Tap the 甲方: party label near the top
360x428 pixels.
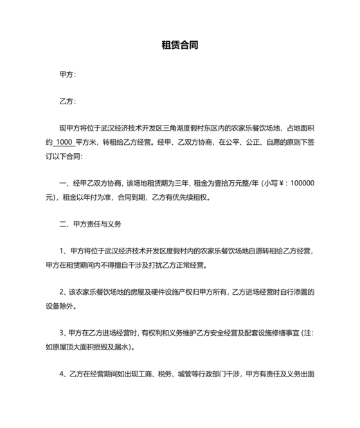click(x=67, y=75)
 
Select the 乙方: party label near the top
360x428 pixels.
click(x=67, y=102)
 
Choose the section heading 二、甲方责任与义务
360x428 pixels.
click(x=90, y=225)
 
